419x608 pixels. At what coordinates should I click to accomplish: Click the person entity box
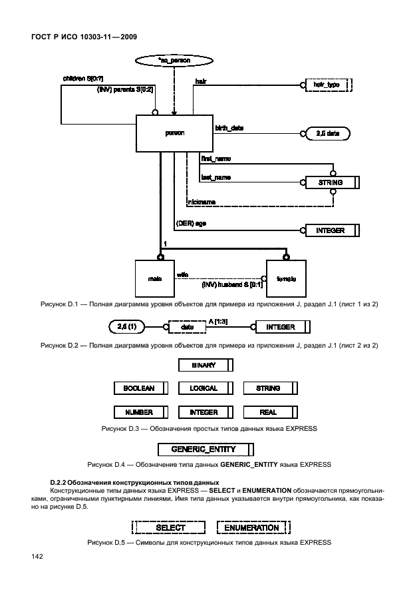[x=174, y=133]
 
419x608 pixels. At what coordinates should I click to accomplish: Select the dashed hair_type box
[x=327, y=85]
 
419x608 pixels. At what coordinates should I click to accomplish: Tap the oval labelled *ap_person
[x=175, y=61]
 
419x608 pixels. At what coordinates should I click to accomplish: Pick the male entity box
[x=155, y=278]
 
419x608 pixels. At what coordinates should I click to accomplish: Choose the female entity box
[x=287, y=278]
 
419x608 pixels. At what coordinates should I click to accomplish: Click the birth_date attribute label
[x=230, y=127]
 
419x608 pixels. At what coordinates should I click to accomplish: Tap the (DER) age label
[x=190, y=224]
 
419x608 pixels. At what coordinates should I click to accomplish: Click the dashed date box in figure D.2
[x=187, y=327]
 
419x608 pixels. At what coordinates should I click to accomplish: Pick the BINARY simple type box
[x=206, y=365]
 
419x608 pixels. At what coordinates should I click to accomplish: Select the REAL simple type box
[x=269, y=412]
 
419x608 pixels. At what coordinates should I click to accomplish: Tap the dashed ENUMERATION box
[x=253, y=527]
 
